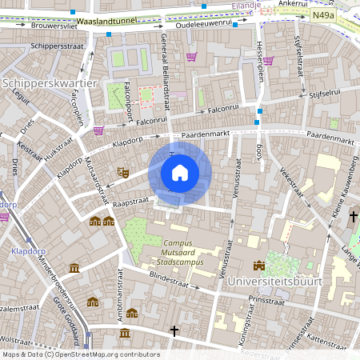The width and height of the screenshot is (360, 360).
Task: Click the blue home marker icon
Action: [179, 173]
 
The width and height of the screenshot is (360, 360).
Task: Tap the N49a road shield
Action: [323, 14]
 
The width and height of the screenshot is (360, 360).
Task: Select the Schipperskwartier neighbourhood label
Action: [49, 83]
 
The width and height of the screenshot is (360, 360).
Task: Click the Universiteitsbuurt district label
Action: [274, 282]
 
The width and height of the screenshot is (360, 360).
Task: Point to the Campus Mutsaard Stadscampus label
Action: [180, 252]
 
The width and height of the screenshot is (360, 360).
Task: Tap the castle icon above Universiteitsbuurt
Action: [258, 266]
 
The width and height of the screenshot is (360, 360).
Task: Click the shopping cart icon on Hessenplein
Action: [268, 60]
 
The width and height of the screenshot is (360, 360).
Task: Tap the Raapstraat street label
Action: [131, 205]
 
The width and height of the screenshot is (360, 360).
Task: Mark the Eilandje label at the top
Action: [246, 5]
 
